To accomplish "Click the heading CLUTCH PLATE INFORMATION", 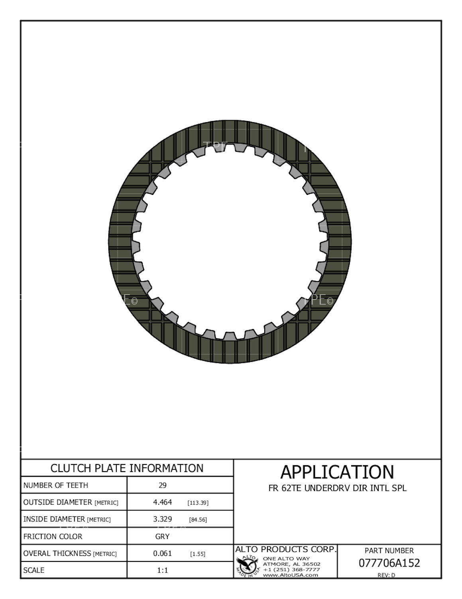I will pyautogui.click(x=127, y=468).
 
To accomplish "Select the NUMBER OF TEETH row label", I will pyautogui.click(x=56, y=485).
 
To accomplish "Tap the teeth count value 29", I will pyautogui.click(x=163, y=485).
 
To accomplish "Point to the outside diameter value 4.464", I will pyautogui.click(x=163, y=502).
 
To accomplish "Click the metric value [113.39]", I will pyautogui.click(x=198, y=503).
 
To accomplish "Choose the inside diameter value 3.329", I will pyautogui.click(x=163, y=519).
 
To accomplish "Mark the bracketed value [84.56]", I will pyautogui.click(x=198, y=520).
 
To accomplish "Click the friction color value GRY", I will pyautogui.click(x=163, y=536).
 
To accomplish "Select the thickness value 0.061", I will pyautogui.click(x=163, y=553).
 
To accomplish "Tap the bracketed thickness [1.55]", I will pyautogui.click(x=198, y=554).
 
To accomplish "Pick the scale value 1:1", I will pyautogui.click(x=163, y=570).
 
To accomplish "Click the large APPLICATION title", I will pyautogui.click(x=337, y=472).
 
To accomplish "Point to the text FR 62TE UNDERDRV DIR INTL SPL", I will pyautogui.click(x=337, y=488).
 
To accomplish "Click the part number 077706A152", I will pyautogui.click(x=389, y=563).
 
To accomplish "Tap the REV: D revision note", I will pyautogui.click(x=386, y=575).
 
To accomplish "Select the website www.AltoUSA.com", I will pyautogui.click(x=290, y=575).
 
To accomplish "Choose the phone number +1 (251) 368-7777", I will pyautogui.click(x=291, y=569).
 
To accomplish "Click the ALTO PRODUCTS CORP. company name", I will pyautogui.click(x=286, y=549).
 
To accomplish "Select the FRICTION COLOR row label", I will pyautogui.click(x=53, y=536).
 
